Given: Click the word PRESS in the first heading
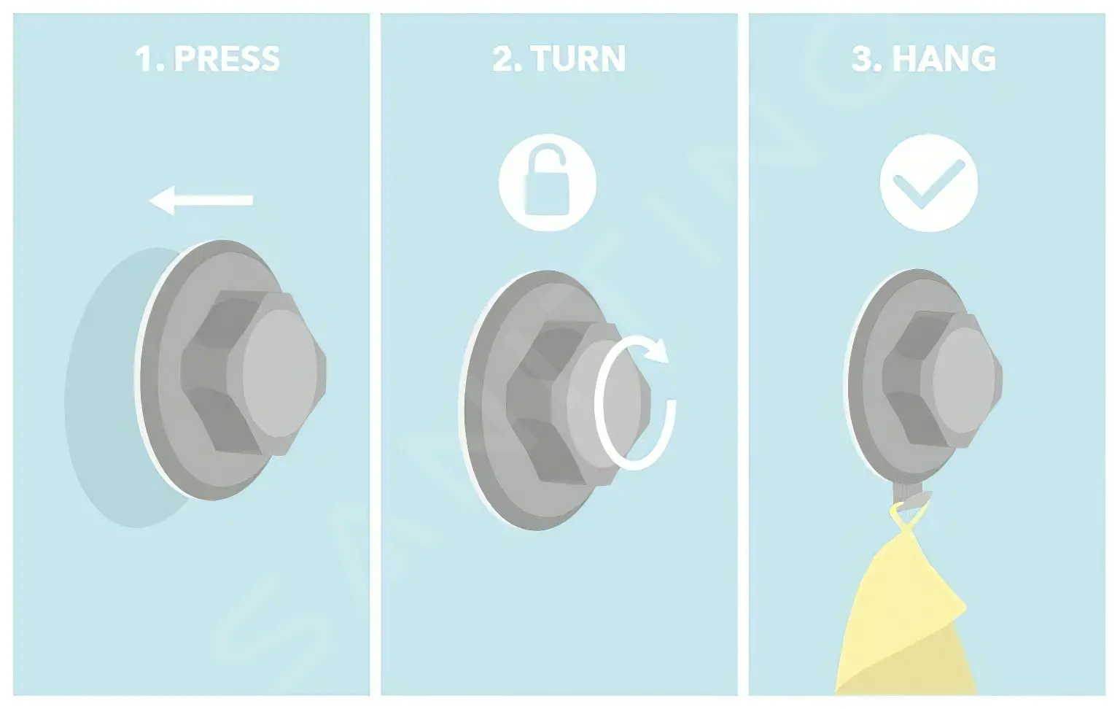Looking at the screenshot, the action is click(x=227, y=59).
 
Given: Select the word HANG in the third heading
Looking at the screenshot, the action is click(x=944, y=59).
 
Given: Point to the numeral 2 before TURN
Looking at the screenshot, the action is click(x=503, y=59).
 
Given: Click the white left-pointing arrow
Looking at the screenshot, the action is click(x=201, y=200).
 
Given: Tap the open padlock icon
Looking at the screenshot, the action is click(x=547, y=182).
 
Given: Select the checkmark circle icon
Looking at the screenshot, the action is click(x=929, y=183).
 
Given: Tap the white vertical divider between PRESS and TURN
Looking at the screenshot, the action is click(x=375, y=354).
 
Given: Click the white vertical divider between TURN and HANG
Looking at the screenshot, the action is click(x=743, y=354).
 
